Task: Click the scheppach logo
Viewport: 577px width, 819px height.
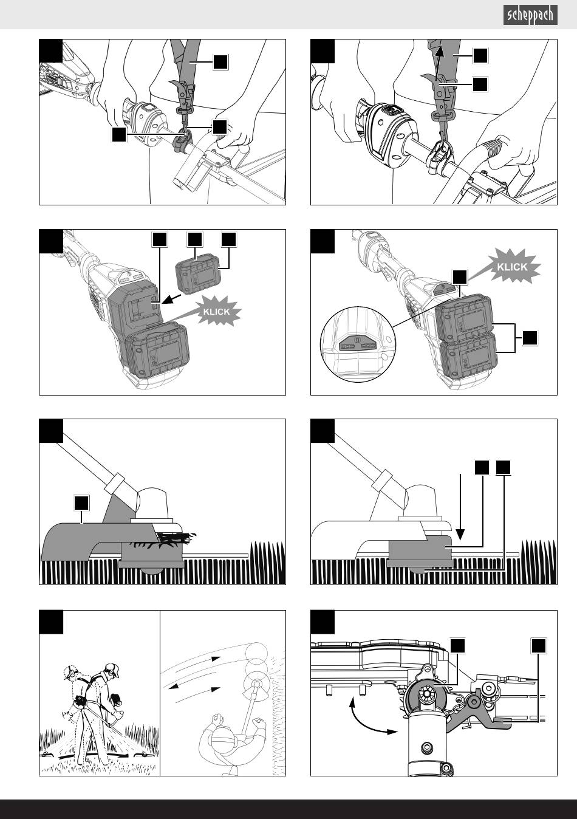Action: tap(530, 15)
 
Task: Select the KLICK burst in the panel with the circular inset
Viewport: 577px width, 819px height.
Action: tap(511, 267)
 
